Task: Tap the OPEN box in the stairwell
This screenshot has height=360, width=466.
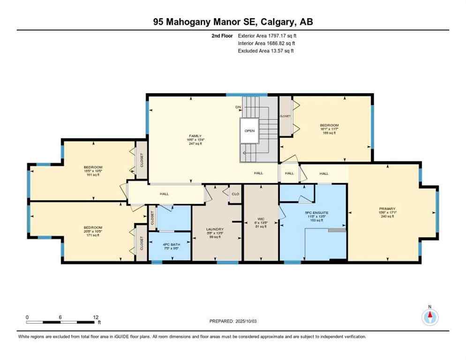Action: coord(249,131)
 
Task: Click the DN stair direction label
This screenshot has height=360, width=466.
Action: coord(238,107)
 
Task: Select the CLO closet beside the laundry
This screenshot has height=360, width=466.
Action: coord(235,194)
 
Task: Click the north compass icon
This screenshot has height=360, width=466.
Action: coord(429,317)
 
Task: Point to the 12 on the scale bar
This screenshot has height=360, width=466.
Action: coord(95,317)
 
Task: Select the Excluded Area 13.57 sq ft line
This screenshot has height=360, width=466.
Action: coord(266,51)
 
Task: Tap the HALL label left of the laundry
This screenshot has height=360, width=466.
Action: coord(164,194)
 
